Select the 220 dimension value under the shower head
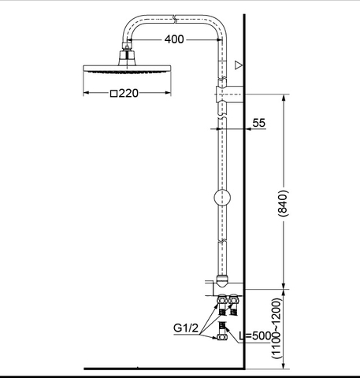pyautogui.click(x=128, y=93)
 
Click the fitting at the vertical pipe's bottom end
pyautogui.click(x=223, y=278)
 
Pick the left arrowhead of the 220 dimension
pyautogui.click(x=84, y=93)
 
